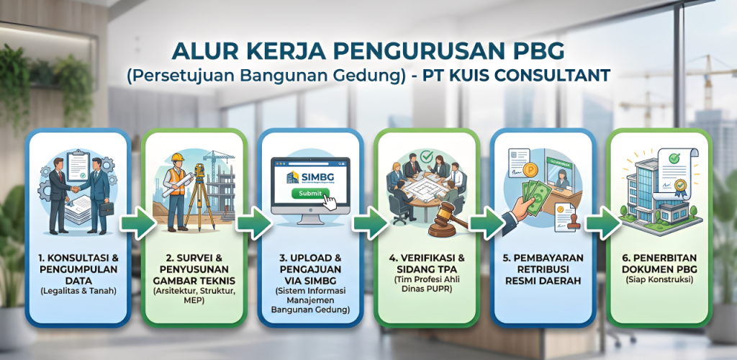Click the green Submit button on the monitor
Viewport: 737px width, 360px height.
click(307, 194)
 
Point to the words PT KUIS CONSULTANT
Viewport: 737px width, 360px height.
click(529, 74)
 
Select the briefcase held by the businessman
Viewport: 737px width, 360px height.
click(106, 209)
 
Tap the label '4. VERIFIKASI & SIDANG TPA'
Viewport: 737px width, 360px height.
click(427, 263)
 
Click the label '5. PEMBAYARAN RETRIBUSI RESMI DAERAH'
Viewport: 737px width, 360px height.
click(543, 268)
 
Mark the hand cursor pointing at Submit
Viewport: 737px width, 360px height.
click(329, 202)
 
